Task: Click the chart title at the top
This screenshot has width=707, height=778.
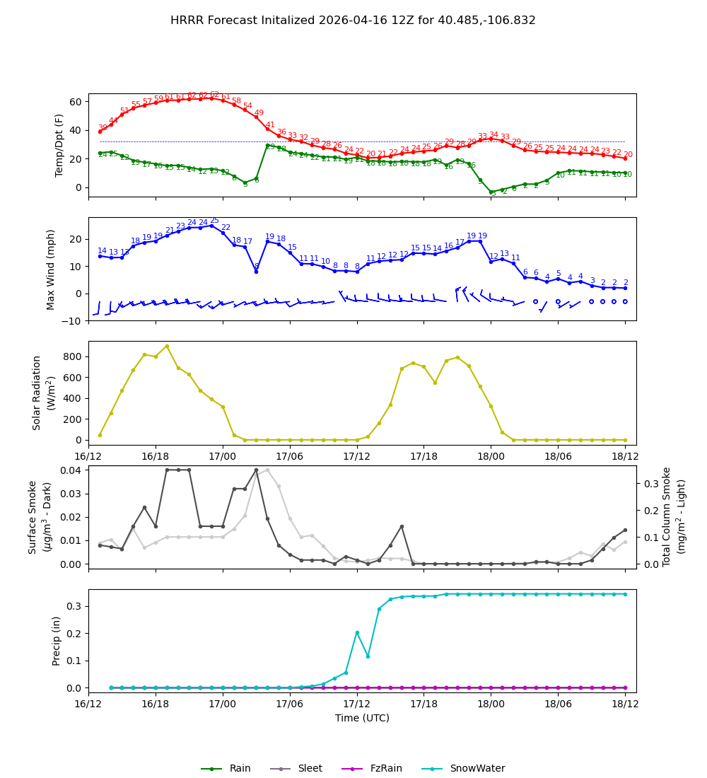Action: pos(353,21)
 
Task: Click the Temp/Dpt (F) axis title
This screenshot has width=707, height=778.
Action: pos(60,145)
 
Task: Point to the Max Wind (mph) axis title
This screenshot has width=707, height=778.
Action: pos(51,269)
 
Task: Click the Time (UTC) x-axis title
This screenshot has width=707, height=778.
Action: pos(362,718)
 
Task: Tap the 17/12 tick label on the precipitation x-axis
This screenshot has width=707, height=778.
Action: pos(357,703)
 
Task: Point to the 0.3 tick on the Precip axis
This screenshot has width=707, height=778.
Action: pos(74,606)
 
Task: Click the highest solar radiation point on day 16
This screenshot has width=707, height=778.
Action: pos(167,346)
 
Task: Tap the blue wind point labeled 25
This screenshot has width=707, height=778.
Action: pos(211,226)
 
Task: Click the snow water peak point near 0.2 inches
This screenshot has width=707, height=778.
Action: pos(357,632)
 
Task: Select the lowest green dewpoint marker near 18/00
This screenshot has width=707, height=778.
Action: pos(492,192)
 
